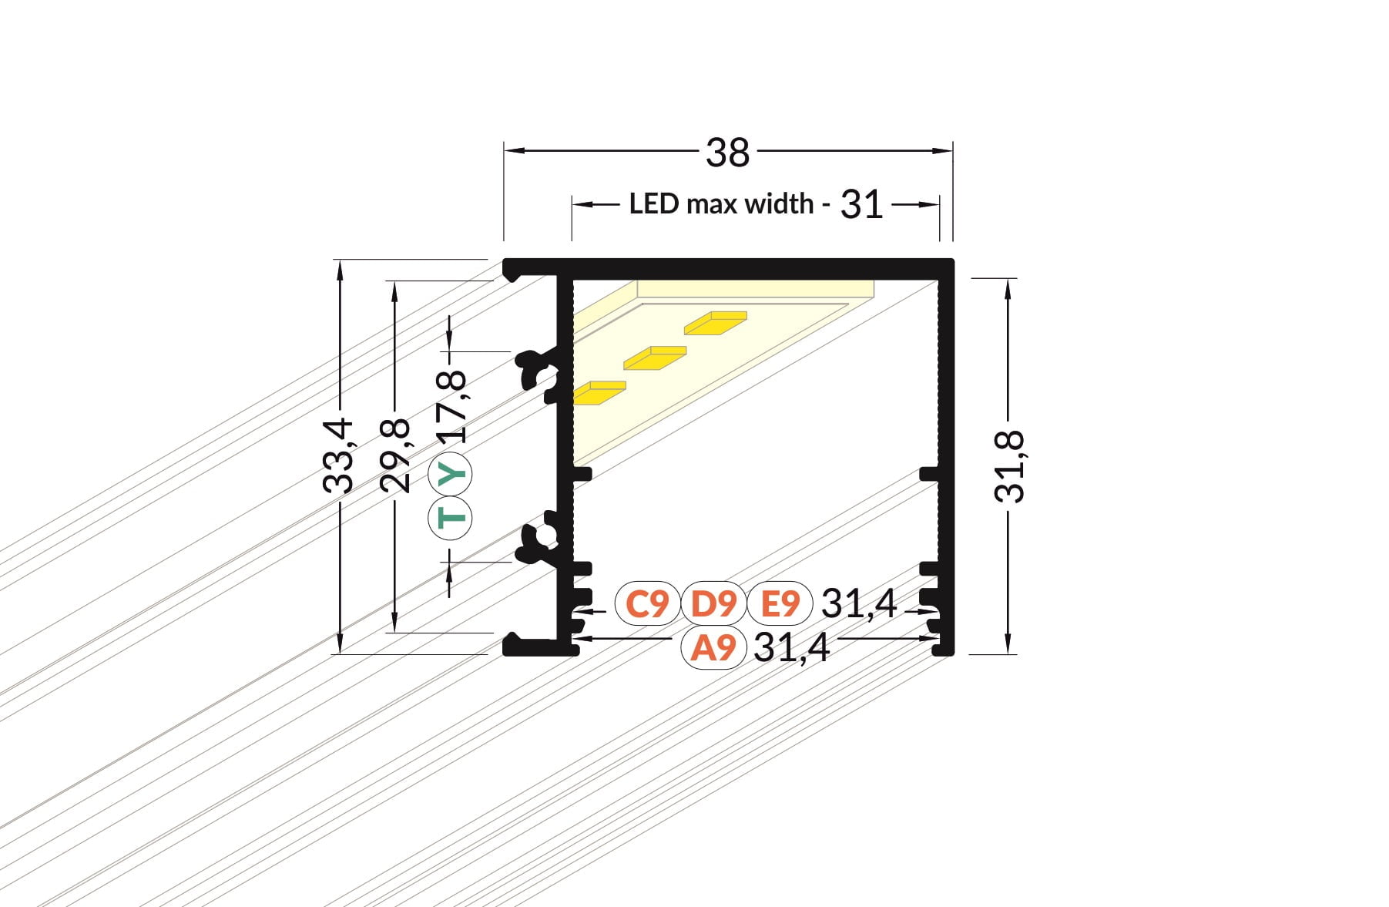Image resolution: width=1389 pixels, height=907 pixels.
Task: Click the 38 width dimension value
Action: coord(727,153)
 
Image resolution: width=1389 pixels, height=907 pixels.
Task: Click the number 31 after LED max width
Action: coord(861,205)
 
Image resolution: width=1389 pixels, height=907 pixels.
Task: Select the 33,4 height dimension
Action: coord(338,455)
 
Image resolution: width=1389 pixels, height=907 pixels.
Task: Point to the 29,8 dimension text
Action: coord(396,455)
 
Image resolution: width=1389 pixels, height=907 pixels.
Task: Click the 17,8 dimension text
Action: coord(451,406)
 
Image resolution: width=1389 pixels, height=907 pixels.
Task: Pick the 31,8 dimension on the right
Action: coord(1009,467)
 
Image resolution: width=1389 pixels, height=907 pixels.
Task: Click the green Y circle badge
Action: coord(451,473)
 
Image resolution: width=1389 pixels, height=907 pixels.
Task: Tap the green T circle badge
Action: coord(451,517)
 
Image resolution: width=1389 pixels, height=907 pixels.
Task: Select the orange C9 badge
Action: coord(647,603)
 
